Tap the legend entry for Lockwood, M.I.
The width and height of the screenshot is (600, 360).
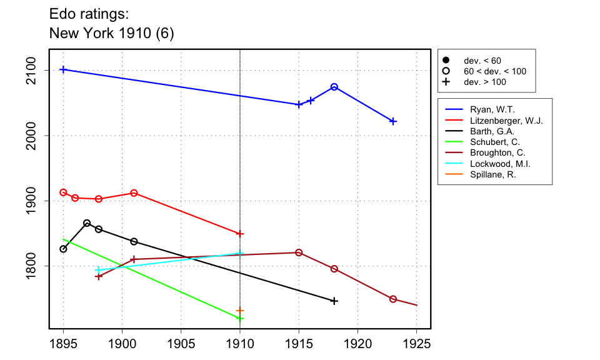[x=500, y=164]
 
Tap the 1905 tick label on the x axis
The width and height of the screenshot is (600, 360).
[x=181, y=343]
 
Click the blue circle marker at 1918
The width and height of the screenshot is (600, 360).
[x=334, y=87]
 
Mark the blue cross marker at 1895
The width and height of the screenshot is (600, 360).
[x=63, y=69]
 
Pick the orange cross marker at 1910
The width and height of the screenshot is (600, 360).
[x=240, y=311]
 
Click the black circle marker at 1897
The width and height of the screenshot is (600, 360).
[x=87, y=223]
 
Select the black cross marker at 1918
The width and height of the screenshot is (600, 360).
[x=334, y=301]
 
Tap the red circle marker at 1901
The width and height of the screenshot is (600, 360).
[x=134, y=193]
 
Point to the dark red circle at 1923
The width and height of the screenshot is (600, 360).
[x=393, y=299]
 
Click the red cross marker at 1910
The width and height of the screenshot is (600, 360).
[x=240, y=234]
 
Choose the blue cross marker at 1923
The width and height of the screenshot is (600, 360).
[x=393, y=121]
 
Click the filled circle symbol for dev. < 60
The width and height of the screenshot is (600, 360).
[x=446, y=61]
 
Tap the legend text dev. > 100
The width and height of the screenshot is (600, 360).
[x=484, y=82]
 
